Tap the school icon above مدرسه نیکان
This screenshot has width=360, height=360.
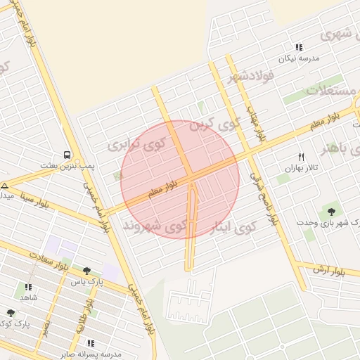pos(299,47)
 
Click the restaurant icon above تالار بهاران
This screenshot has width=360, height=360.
pos(302,157)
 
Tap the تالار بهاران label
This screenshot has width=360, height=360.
pos(302,169)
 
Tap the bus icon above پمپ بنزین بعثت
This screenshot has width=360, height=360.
pos(67,154)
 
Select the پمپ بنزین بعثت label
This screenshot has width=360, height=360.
pos(67,165)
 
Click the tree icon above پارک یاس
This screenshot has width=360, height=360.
pos(86,271)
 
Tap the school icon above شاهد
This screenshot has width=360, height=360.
pos(28,287)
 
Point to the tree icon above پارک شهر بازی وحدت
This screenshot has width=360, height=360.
pos(330,211)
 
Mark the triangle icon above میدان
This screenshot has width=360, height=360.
pos(4,186)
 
